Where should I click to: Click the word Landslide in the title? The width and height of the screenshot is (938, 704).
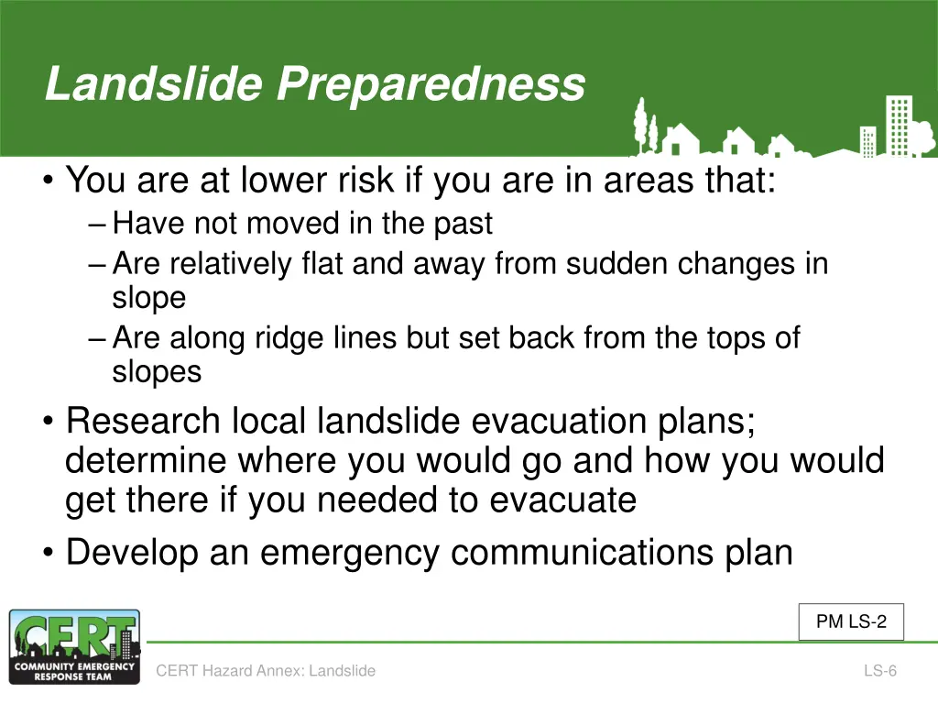click(x=154, y=83)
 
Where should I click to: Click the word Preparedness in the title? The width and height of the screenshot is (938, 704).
click(x=431, y=85)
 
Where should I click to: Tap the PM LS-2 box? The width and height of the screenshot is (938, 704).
click(x=851, y=621)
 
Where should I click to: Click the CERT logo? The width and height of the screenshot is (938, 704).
click(x=75, y=646)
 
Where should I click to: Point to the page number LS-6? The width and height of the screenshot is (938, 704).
click(x=880, y=670)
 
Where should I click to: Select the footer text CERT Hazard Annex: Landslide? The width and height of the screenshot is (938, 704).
click(x=266, y=670)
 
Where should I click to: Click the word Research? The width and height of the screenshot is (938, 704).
click(x=143, y=420)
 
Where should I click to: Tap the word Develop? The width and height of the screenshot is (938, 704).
click(x=132, y=553)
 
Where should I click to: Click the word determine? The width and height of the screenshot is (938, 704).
click(x=146, y=460)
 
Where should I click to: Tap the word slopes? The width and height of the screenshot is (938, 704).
click(x=157, y=372)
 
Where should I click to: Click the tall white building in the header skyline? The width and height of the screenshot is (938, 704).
click(x=900, y=125)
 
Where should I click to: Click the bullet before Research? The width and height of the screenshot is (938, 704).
click(x=48, y=421)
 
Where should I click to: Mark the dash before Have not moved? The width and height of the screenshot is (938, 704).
click(x=97, y=225)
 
